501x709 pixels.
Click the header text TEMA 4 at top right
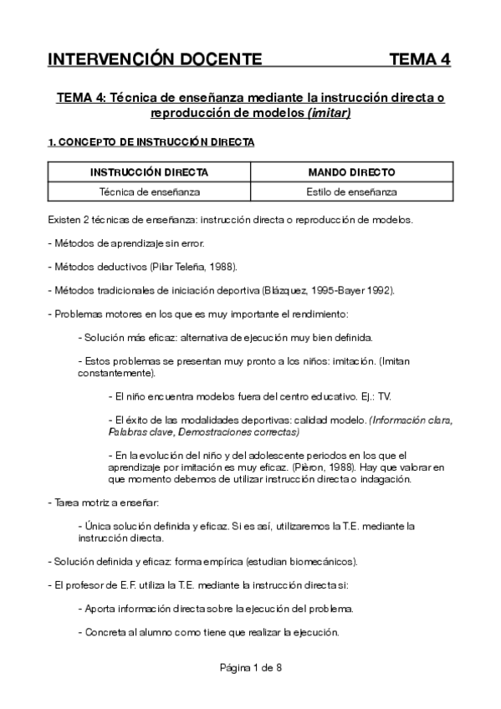pos(420,59)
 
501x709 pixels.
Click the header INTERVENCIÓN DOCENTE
pos(155,59)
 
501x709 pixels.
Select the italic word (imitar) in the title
pos(329,113)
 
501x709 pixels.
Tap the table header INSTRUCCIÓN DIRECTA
pos(149,172)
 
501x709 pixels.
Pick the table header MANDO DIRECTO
pos(351,172)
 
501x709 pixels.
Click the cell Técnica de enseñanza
pos(149,191)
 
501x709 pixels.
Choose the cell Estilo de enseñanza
pos(351,191)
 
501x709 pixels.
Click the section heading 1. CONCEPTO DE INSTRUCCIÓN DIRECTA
pos(151,143)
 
